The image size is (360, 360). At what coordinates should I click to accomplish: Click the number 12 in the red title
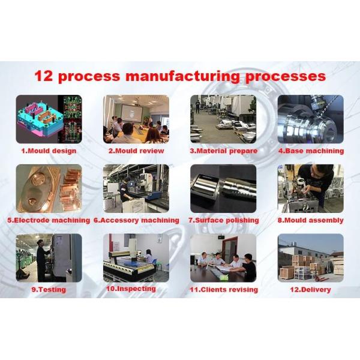pos(43,76)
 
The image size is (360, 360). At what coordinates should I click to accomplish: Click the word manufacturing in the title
pos(182,76)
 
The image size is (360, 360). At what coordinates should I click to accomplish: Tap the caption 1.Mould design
pos(49,151)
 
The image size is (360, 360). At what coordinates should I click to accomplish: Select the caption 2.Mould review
pos(136,151)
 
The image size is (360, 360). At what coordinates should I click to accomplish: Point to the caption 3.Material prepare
pos(224,151)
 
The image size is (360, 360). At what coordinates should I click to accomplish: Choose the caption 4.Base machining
pos(311,151)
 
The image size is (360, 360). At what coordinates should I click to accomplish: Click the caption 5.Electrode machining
pos(49,220)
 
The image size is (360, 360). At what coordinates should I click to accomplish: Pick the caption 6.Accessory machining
pos(136,220)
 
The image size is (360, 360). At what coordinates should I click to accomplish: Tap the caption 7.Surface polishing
pos(224,220)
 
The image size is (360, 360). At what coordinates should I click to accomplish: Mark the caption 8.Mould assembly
pos(311,220)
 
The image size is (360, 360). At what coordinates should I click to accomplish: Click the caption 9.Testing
pos(49,290)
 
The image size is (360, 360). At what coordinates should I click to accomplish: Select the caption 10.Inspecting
pos(131,289)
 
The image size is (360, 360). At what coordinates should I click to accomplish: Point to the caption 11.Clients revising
pos(224,290)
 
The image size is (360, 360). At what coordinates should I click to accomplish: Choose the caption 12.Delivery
pos(310,290)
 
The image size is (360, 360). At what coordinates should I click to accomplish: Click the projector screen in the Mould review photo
pos(131,113)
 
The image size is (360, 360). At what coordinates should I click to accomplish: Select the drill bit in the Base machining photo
pos(327,106)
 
